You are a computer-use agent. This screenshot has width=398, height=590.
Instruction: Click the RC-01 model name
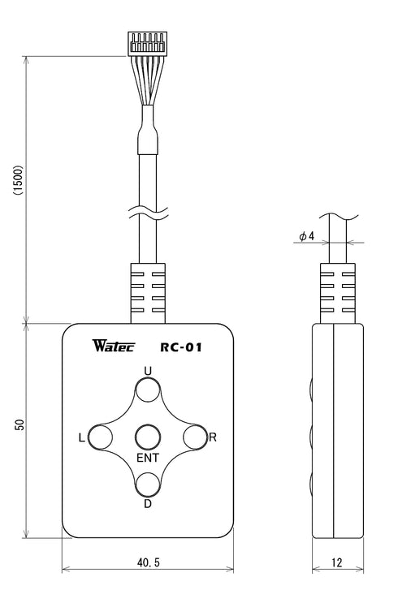(x=180, y=349)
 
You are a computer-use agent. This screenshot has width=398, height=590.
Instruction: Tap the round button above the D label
(x=147, y=484)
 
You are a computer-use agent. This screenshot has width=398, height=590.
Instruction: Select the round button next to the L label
(x=101, y=437)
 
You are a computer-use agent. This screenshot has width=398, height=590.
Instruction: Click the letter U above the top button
(x=147, y=371)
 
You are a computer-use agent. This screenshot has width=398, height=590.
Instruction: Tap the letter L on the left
(x=81, y=438)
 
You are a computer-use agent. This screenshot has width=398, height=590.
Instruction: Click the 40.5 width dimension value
(x=148, y=562)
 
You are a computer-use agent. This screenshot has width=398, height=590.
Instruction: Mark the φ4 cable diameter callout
(x=306, y=236)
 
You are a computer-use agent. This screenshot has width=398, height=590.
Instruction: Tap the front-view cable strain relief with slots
(x=147, y=292)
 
